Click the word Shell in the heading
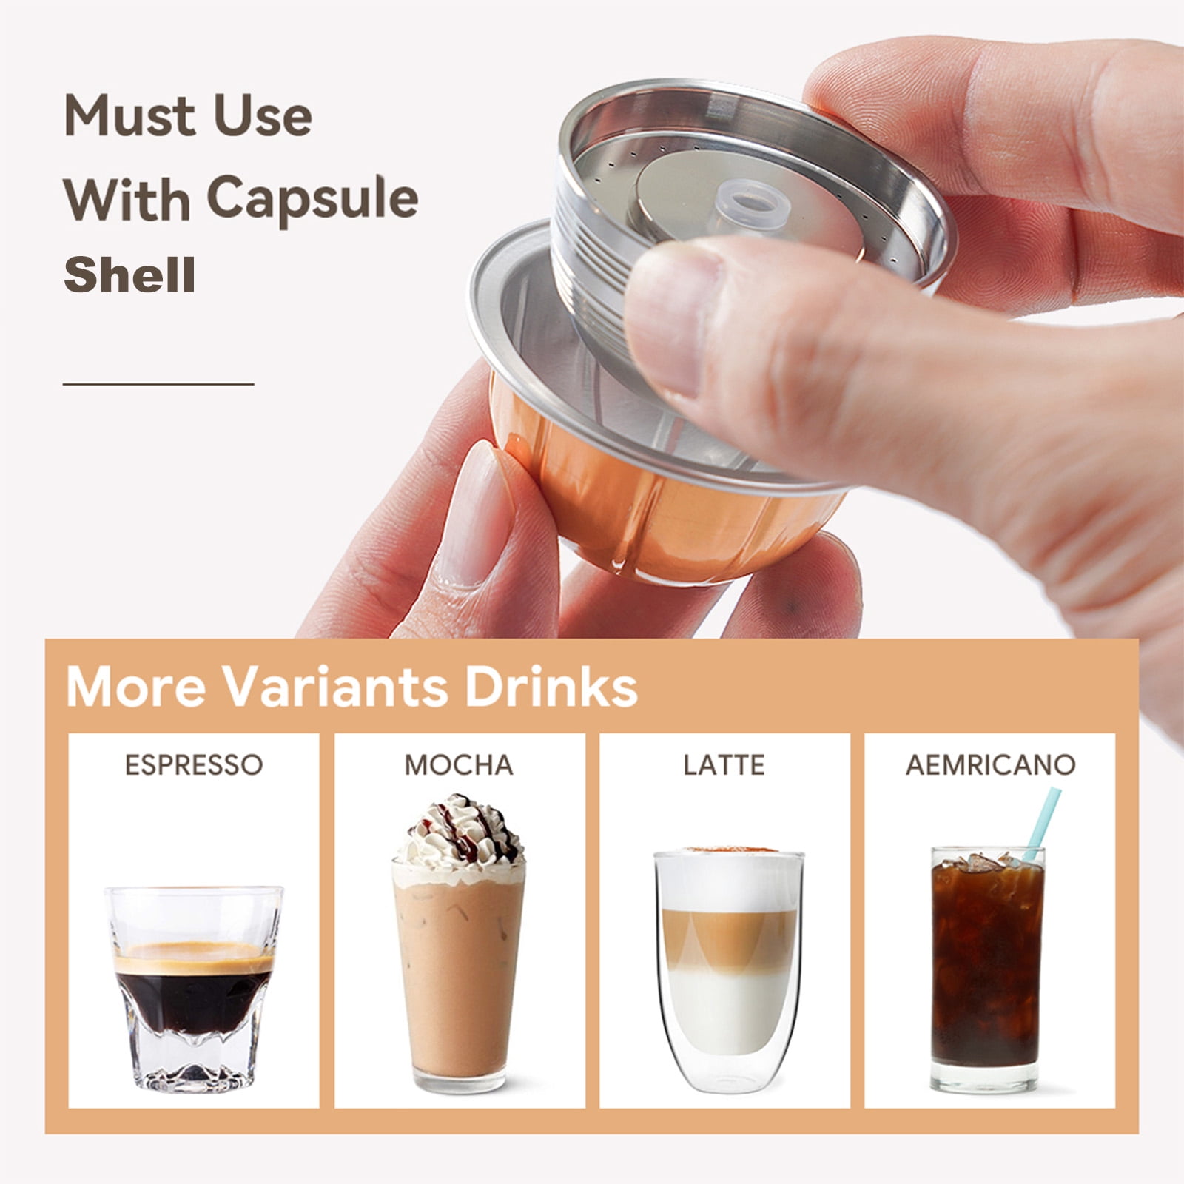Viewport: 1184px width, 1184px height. (129, 275)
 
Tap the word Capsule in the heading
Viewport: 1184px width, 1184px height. (312, 198)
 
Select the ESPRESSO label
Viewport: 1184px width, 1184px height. (194, 764)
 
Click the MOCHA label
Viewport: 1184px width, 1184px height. (459, 764)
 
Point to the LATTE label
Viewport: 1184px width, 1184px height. (724, 764)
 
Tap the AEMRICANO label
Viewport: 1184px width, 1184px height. (991, 764)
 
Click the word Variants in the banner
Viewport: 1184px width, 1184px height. (335, 687)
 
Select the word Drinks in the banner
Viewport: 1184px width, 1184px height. (551, 687)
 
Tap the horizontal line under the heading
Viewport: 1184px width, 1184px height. (158, 384)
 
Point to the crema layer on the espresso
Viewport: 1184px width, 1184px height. (194, 955)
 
